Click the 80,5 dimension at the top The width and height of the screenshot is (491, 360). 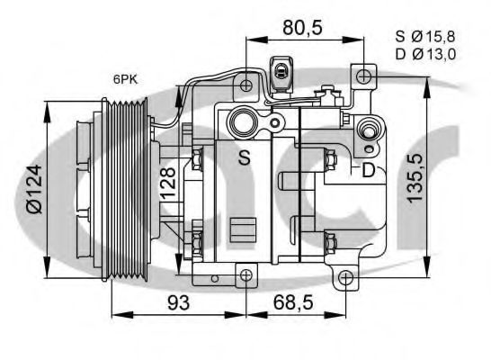coord(303,27)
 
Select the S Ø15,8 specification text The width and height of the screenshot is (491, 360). coord(425,37)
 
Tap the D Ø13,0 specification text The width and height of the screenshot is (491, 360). coord(425,54)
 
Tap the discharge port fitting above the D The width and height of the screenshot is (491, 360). coord(367,131)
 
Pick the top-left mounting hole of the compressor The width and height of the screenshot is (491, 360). coord(245,87)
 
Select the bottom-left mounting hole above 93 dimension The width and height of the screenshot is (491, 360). coord(245,274)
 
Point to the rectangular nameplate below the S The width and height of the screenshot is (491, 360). coord(244,229)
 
